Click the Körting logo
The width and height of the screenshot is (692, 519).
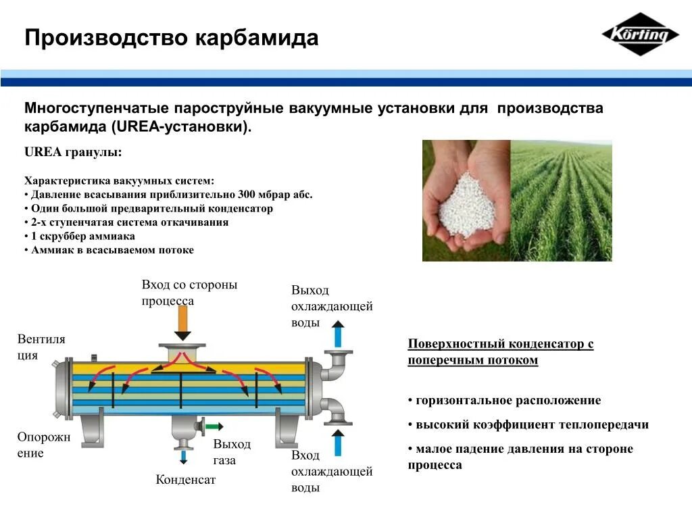(x=640, y=34)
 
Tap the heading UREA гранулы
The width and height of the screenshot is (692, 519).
(x=73, y=152)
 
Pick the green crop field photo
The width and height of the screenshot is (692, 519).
(x=561, y=200)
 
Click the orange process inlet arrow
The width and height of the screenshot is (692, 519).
(x=182, y=324)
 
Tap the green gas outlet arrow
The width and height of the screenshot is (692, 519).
(x=214, y=426)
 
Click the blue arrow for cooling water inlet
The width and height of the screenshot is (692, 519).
(x=339, y=444)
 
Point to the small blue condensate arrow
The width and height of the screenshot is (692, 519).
(x=182, y=458)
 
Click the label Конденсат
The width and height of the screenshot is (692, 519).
(x=185, y=480)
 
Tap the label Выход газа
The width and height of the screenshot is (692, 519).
(x=231, y=452)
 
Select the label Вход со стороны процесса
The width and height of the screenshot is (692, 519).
(x=189, y=293)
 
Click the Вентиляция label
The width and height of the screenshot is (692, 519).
(x=41, y=347)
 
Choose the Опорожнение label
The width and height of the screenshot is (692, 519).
(x=43, y=445)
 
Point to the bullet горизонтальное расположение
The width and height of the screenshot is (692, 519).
(x=508, y=400)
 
